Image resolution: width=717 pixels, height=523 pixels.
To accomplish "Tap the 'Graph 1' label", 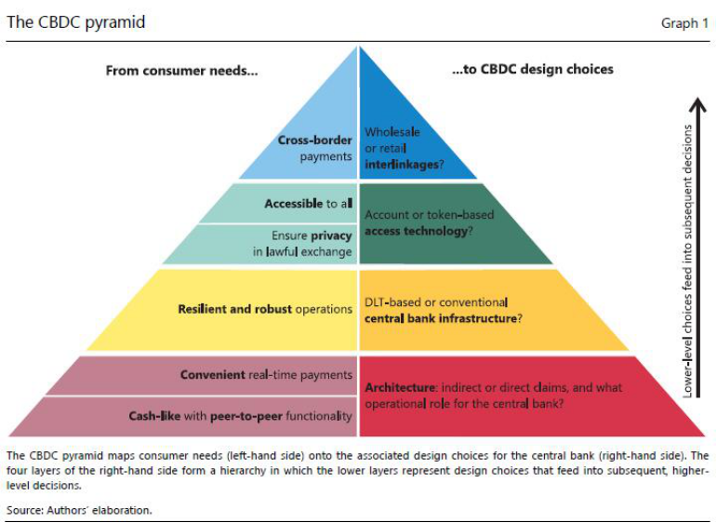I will pos(684,23).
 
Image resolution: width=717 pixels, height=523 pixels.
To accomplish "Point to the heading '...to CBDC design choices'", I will pos(532,70).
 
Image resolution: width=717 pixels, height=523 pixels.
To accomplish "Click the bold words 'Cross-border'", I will pos(314,141).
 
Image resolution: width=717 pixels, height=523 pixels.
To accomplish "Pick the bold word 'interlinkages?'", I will pos(403,164).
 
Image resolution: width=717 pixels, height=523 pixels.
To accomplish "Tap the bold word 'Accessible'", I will pos(293,203).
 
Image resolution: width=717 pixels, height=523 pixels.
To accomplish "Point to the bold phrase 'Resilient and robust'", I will pos(234,309).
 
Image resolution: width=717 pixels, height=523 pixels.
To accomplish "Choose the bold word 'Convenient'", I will pos(213,375).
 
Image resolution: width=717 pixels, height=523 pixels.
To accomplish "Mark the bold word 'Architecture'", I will pos(400,387).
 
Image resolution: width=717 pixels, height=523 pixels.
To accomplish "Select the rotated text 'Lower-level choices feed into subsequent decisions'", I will pos(688,261).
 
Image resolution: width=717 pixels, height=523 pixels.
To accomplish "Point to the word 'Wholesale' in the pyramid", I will pos(392,132).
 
